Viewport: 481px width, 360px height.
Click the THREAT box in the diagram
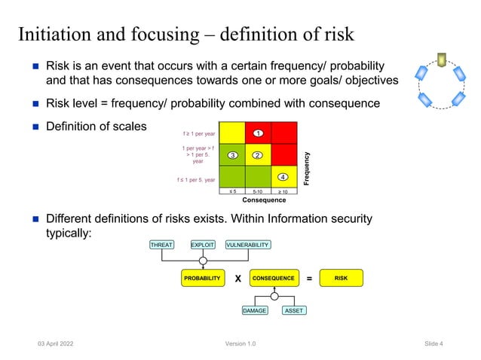(161, 245)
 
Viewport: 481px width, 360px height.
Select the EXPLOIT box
(202, 245)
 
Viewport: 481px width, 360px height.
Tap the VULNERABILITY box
(247, 245)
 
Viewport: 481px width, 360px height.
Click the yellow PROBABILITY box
(202, 278)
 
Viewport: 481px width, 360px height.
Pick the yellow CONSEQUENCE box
(274, 278)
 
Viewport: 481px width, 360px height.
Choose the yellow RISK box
(341, 278)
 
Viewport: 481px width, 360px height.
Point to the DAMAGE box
(255, 310)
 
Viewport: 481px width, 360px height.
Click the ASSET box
(294, 310)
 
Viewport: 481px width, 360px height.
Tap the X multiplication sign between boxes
(237, 279)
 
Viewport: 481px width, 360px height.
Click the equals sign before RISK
(309, 279)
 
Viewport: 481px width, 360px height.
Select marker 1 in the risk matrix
(257, 133)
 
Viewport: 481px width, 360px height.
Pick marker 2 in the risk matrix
(257, 155)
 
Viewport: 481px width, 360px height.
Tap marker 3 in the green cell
(233, 155)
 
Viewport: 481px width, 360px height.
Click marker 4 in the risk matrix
(282, 176)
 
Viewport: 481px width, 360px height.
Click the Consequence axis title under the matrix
(263, 200)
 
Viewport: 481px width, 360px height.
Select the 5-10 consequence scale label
(257, 191)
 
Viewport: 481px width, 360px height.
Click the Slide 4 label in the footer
(433, 343)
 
